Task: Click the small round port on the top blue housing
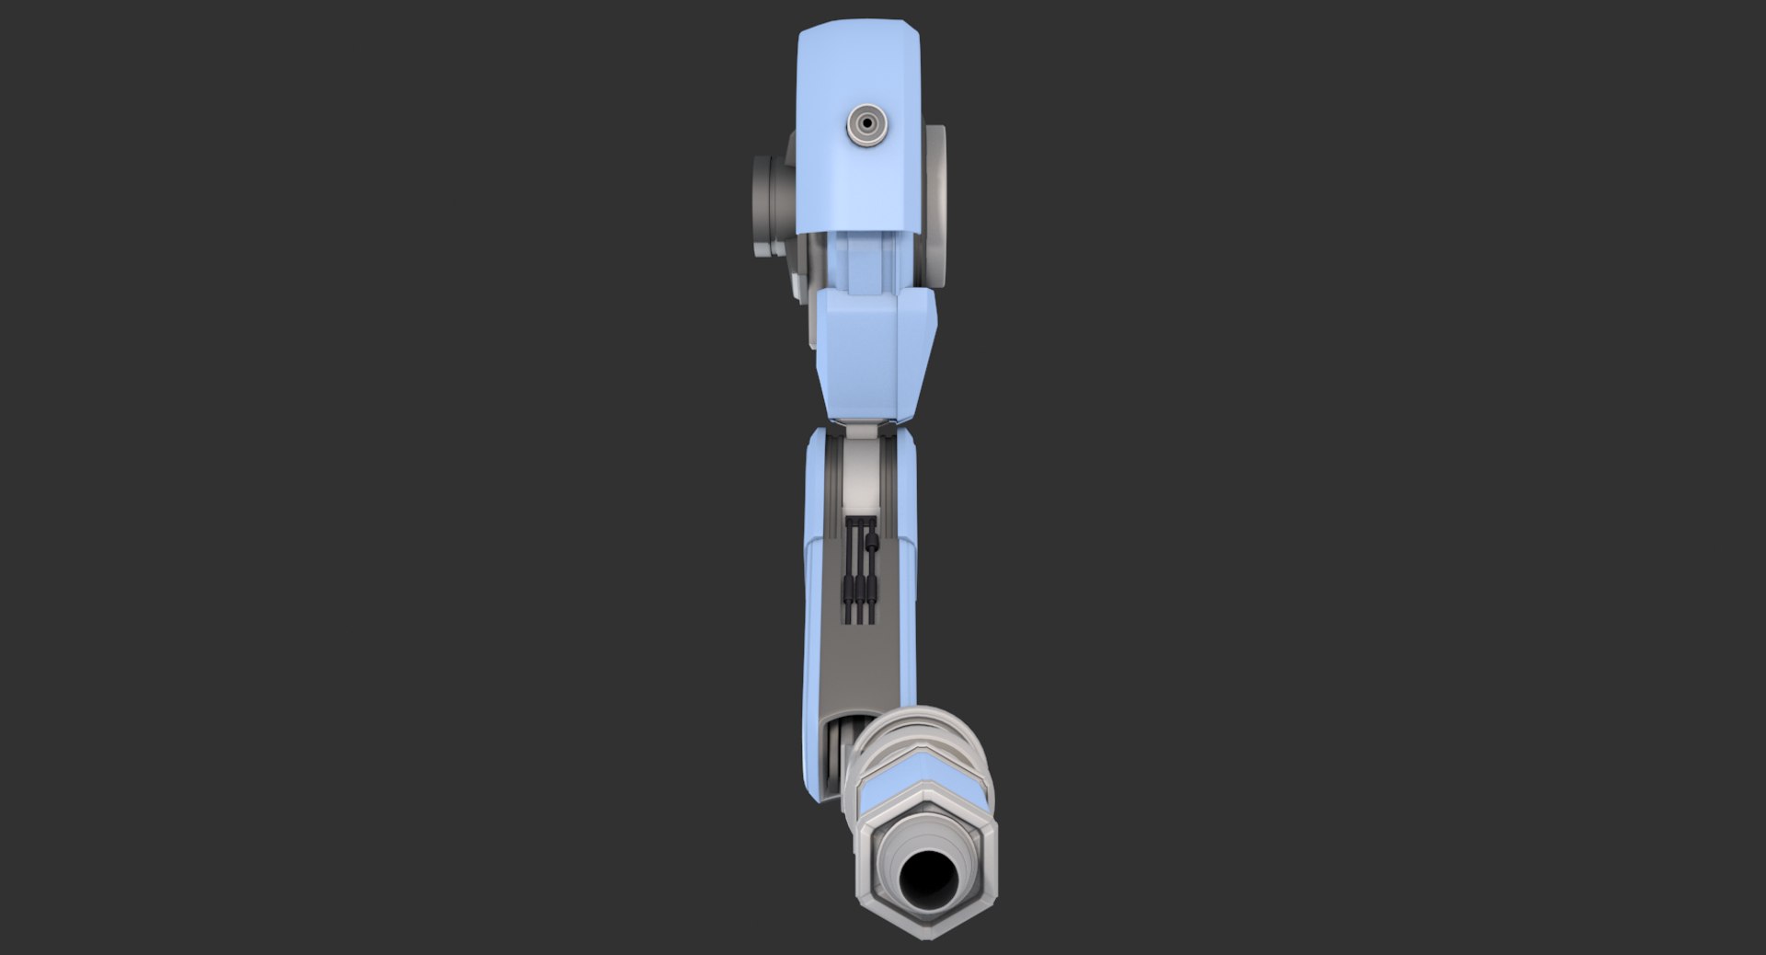click(866, 122)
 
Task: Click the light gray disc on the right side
click(935, 202)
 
